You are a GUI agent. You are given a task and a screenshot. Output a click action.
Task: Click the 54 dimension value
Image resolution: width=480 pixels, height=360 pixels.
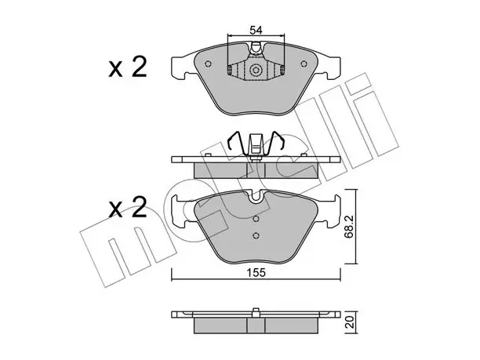[x=256, y=31]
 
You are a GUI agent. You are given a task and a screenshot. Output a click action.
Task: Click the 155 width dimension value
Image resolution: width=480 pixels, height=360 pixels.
[x=256, y=273]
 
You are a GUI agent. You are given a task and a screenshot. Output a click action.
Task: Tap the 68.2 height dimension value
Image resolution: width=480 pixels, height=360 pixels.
[x=349, y=227]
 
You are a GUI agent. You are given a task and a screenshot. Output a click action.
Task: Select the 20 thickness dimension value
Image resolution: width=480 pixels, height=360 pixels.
[x=350, y=322]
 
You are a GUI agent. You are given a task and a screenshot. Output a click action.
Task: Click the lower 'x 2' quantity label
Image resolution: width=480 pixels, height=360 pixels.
[x=128, y=207]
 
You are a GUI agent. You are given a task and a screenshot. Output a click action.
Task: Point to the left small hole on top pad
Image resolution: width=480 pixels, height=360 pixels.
[x=208, y=64]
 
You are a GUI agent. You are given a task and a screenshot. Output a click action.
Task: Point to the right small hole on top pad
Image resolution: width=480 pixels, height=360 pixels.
[x=304, y=64]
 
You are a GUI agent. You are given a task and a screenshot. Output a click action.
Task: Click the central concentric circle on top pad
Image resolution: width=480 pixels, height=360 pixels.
[x=256, y=71]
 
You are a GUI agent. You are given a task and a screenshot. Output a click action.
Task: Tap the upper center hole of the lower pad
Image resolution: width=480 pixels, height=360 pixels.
[x=256, y=219]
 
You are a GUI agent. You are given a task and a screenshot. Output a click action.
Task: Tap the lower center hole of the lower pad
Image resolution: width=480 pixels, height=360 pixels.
[x=256, y=235]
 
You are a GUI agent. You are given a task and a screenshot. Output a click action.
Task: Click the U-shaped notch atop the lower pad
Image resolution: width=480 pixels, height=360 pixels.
[x=256, y=196]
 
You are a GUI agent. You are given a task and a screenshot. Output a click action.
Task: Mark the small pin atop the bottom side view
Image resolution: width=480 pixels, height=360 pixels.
[x=256, y=310]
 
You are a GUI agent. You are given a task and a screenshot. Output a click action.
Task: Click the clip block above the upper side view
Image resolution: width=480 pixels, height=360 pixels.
[x=256, y=144]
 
